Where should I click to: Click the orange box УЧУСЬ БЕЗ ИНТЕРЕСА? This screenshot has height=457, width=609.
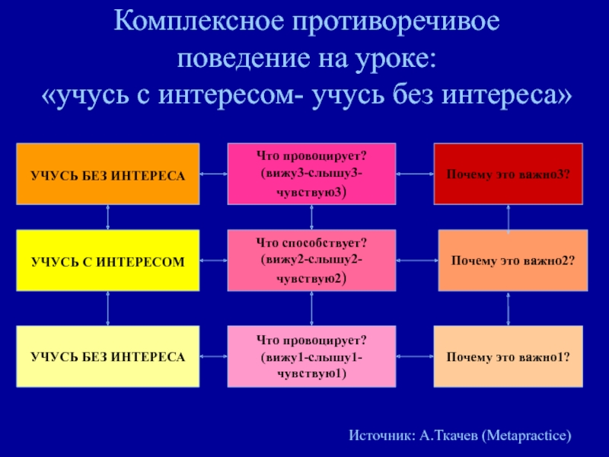click(108, 174)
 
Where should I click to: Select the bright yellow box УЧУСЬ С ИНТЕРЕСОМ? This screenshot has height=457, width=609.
click(108, 260)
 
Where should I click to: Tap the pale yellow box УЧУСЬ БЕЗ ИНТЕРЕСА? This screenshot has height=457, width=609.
click(108, 356)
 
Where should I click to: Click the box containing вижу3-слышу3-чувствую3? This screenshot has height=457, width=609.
click(312, 174)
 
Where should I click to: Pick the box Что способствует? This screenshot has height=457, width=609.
click(312, 260)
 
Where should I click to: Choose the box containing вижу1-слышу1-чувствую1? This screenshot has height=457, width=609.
click(312, 356)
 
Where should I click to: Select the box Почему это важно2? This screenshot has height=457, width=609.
click(512, 260)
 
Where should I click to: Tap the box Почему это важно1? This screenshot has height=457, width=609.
click(509, 356)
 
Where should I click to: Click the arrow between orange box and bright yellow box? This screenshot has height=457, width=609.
click(108, 217)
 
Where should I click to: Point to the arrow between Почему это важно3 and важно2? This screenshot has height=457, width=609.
click(509, 217)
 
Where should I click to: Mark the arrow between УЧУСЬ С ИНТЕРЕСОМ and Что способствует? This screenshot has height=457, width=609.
click(214, 260)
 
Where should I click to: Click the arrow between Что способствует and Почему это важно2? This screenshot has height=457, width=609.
click(417, 260)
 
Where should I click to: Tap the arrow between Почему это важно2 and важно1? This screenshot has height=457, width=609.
click(509, 308)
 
